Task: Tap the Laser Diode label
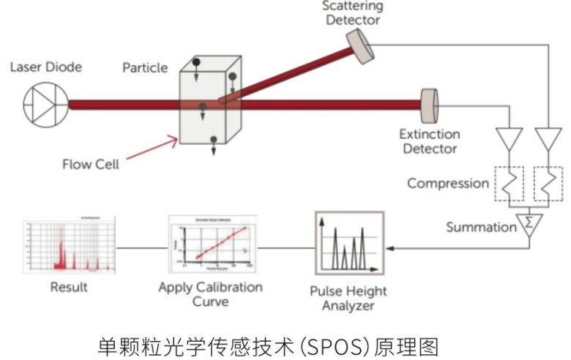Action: pos(45,67)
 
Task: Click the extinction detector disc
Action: pos(428,104)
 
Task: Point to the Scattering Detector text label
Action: pos(353,14)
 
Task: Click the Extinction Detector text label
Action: pos(429,141)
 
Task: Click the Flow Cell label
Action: pos(90,164)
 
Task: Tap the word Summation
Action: pos(481,227)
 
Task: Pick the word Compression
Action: pos(448,183)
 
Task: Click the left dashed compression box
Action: pos(510,184)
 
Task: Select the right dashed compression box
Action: pos(548,184)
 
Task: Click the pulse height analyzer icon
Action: pos(349,244)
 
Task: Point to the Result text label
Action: pos(68,287)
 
